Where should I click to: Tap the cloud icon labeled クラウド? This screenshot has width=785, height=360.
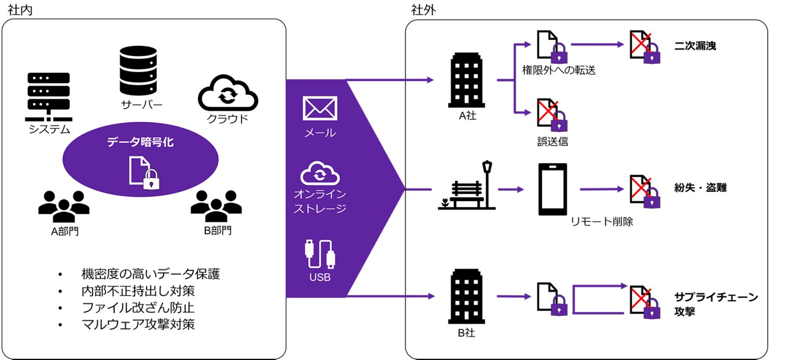tap(228, 94)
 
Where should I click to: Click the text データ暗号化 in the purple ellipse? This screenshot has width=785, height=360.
tap(140, 142)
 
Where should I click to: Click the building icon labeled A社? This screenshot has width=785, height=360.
tap(467, 80)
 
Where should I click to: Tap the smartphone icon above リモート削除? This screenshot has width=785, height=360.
tap(553, 189)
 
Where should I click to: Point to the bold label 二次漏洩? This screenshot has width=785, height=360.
tap(695, 46)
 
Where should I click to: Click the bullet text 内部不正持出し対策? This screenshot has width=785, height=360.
tap(138, 290)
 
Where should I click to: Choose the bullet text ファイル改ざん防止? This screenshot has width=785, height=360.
tap(138, 307)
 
